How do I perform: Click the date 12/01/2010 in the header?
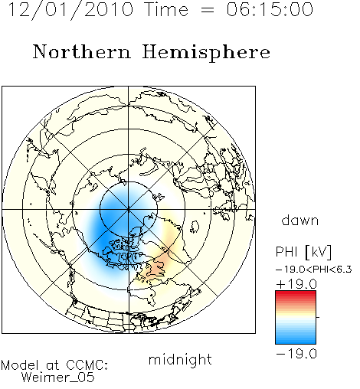coord(70,10)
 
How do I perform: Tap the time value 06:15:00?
coord(270,9)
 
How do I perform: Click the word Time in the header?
coord(166,9)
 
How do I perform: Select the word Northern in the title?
coord(82,52)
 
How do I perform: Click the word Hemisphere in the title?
coord(206,53)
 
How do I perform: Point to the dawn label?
coord(300,220)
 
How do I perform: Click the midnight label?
coord(180,360)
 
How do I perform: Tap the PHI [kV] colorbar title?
coord(303,252)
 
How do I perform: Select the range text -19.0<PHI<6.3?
coord(314,270)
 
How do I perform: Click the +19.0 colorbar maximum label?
coord(296,284)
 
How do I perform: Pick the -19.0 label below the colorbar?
coord(296,354)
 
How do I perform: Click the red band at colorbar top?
coord(296,294)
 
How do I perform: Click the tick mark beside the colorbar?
coord(318,317)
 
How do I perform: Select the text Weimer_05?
coord(58,377)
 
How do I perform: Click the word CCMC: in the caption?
coord(87,365)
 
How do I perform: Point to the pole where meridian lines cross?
coord(129,210)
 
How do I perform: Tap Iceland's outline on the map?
coord(195,227)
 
